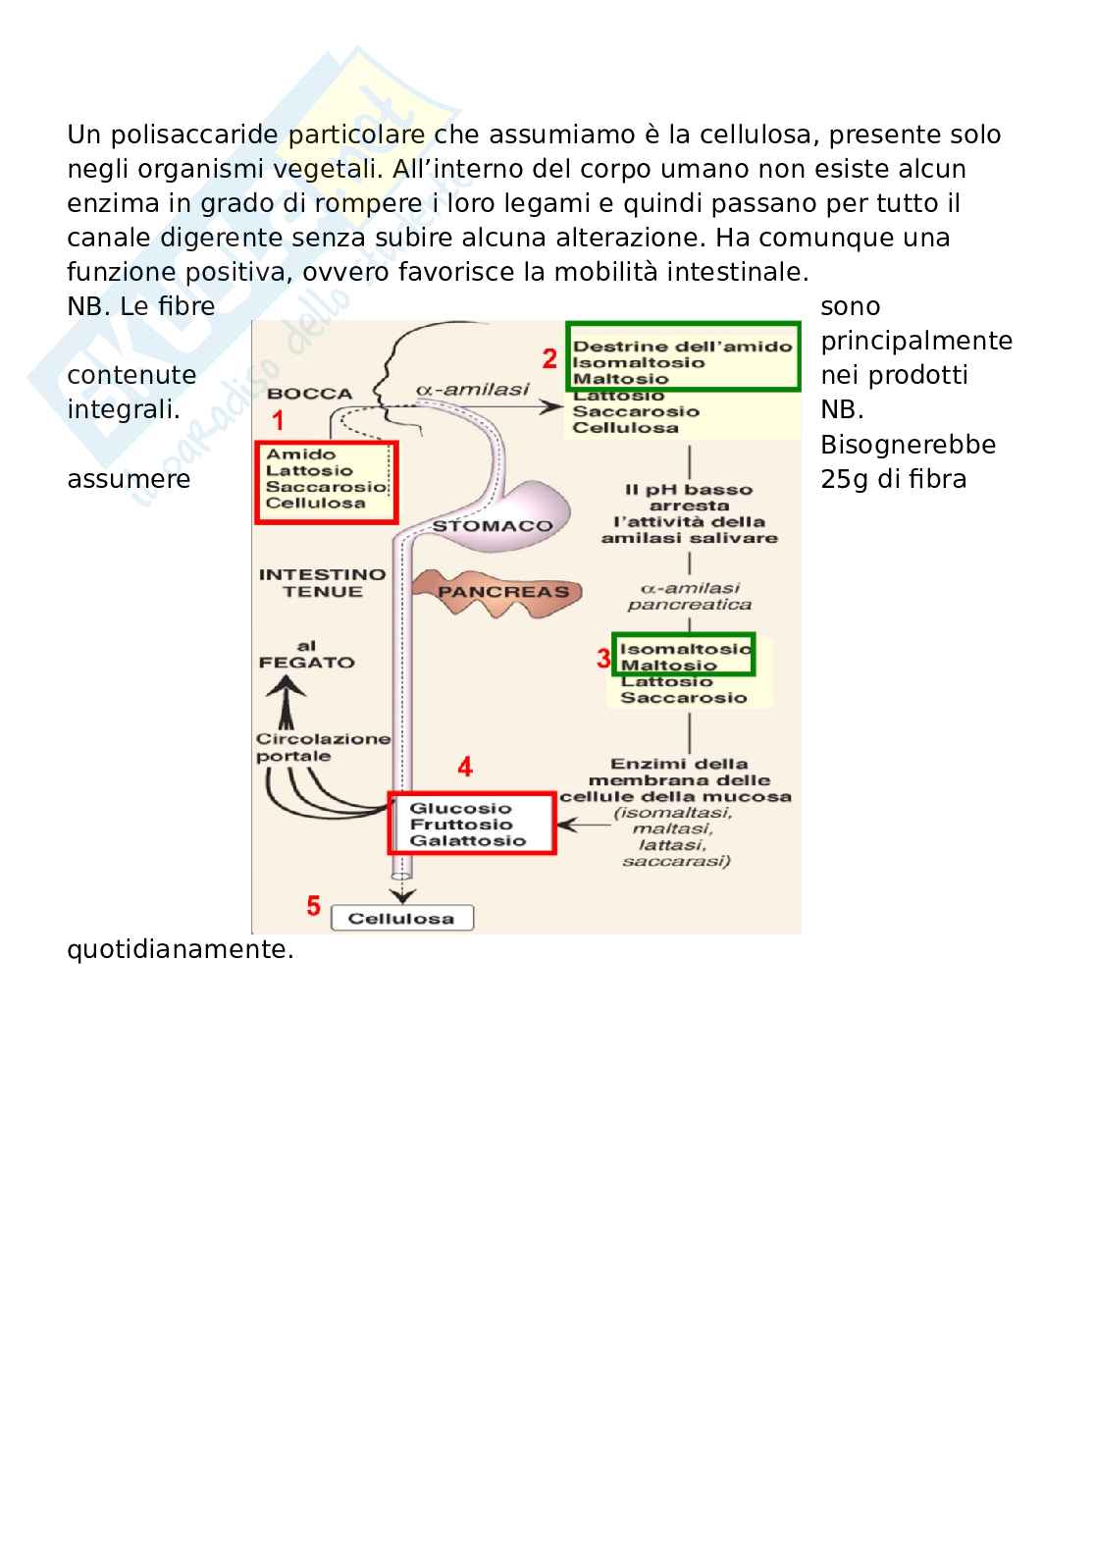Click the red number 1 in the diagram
pyautogui.click(x=278, y=421)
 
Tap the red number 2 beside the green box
pyautogui.click(x=549, y=358)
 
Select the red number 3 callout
pyautogui.click(x=603, y=658)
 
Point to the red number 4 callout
pyautogui.click(x=464, y=766)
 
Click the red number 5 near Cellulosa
pyautogui.click(x=313, y=905)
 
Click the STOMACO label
pyautogui.click(x=493, y=526)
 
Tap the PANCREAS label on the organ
pyautogui.click(x=503, y=592)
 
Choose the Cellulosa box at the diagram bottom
pyautogui.click(x=401, y=919)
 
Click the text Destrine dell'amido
pyautogui.click(x=682, y=346)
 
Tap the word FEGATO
pyautogui.click(x=306, y=663)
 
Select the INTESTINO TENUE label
pyautogui.click(x=310, y=583)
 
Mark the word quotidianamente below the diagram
pyautogui.click(x=181, y=950)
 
